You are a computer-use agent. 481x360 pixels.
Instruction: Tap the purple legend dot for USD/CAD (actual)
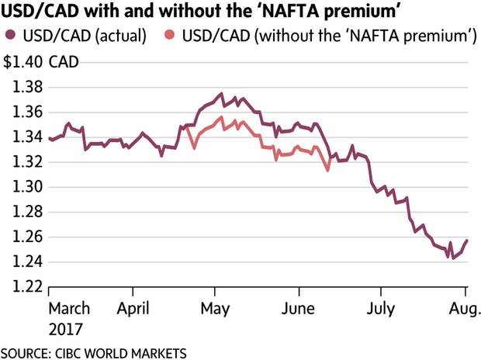pos(10,36)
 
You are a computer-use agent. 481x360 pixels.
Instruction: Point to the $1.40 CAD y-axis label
pos(39,62)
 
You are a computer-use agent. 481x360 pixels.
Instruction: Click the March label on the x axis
pos(69,308)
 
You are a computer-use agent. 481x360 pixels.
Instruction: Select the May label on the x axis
pos(215,308)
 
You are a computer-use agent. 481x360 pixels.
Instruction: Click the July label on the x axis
pos(380,308)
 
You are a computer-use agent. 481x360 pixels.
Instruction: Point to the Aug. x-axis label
pos(464,308)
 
